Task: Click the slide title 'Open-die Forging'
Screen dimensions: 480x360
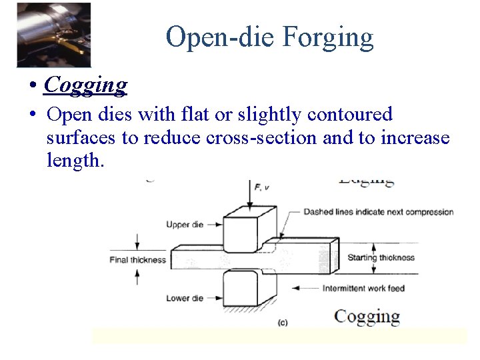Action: coord(269,37)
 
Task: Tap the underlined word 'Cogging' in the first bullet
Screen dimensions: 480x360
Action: coord(85,85)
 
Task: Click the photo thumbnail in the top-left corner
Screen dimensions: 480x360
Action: coord(54,34)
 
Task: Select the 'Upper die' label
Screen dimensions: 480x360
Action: coord(185,225)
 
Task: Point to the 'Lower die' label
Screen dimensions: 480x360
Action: coord(185,298)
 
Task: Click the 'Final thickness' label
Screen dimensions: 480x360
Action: coord(137,259)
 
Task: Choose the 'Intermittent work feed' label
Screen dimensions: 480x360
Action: coord(363,288)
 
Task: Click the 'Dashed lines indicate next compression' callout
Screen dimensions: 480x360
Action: coord(378,212)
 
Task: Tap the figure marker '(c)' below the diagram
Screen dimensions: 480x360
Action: coord(283,323)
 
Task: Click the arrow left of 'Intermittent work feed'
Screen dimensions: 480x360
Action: coord(304,288)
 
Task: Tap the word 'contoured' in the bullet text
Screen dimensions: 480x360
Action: coord(350,115)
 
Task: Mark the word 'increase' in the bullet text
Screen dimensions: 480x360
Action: coord(415,138)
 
